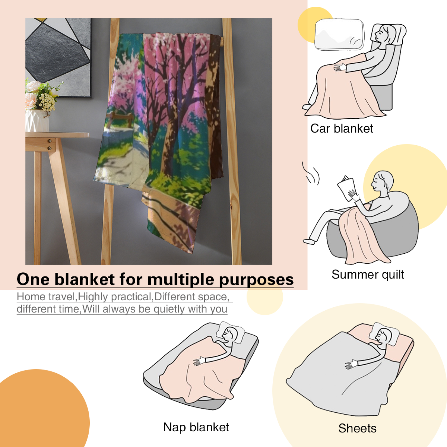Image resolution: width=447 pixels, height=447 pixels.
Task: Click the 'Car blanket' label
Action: pyautogui.click(x=341, y=129)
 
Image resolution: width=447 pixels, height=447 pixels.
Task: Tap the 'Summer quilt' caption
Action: pyautogui.click(x=368, y=274)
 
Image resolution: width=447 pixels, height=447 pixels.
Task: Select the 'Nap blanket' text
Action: pyautogui.click(x=196, y=427)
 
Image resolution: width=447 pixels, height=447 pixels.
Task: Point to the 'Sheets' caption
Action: pyautogui.click(x=357, y=428)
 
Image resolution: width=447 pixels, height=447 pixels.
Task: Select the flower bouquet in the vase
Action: pyautogui.click(x=42, y=95)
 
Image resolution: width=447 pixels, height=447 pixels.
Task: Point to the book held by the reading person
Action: pyautogui.click(x=347, y=188)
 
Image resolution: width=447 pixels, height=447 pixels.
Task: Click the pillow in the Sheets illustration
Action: pyautogui.click(x=384, y=334)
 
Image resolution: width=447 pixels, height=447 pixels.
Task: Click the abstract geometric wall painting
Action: pyautogui.click(x=58, y=58)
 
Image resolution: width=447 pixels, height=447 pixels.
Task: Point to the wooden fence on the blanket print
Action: pyautogui.click(x=120, y=119)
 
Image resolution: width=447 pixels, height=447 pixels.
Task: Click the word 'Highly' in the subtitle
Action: pyautogui.click(x=94, y=297)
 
